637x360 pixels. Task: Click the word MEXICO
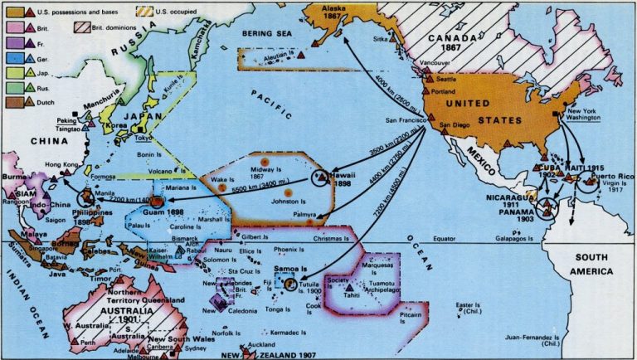[479, 158]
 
